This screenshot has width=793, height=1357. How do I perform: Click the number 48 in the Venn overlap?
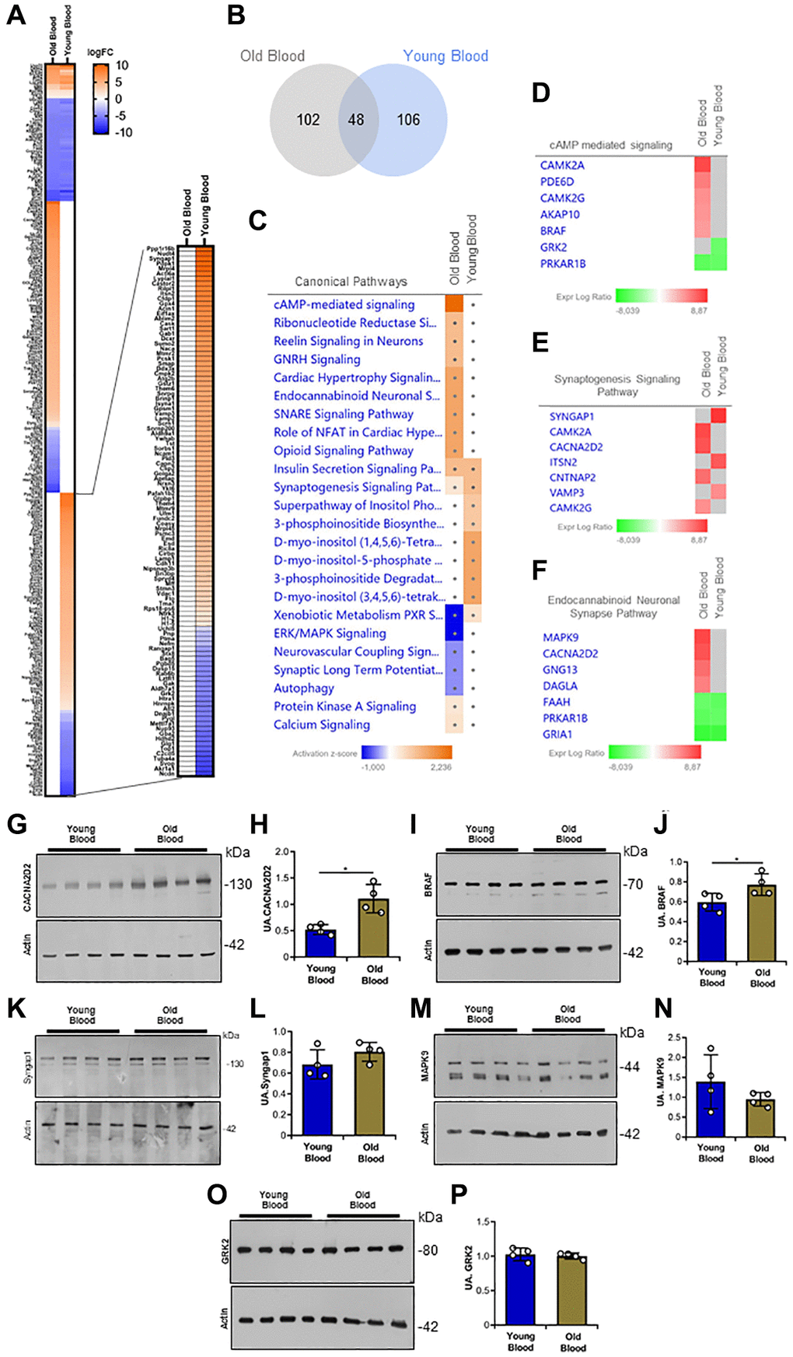[356, 120]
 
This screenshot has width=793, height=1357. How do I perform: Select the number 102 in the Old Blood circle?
[308, 120]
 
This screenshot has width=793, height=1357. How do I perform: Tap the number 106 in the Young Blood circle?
[408, 120]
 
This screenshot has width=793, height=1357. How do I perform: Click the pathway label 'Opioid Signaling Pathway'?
[343, 451]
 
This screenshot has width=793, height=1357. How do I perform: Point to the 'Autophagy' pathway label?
[303, 688]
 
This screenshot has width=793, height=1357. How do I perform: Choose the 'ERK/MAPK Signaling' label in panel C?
[330, 633]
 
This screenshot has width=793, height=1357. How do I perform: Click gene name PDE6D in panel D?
[557, 181]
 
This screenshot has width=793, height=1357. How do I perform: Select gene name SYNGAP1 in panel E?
[571, 416]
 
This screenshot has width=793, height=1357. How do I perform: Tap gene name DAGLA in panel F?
[560, 686]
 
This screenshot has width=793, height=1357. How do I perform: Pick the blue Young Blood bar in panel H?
[320, 941]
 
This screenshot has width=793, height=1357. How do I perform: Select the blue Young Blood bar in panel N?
[711, 1109]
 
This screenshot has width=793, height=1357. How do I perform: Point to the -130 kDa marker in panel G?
[239, 884]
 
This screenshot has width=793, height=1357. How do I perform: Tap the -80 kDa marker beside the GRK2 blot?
[428, 1250]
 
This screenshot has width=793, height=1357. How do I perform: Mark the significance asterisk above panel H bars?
[346, 869]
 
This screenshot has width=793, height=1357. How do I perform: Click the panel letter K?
[16, 1008]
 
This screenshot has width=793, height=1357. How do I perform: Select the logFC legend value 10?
[122, 65]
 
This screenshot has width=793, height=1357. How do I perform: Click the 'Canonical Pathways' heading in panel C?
[351, 281]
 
